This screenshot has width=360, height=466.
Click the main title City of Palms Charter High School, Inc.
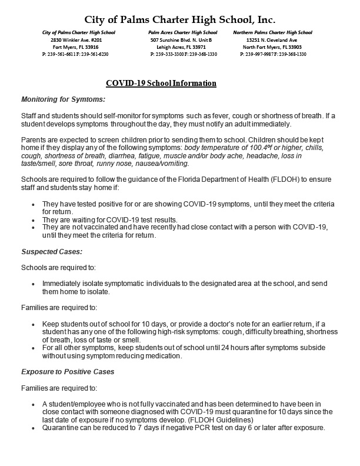coord(179,19)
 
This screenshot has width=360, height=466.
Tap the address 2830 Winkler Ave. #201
coord(79,39)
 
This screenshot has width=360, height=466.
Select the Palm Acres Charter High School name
coord(183,32)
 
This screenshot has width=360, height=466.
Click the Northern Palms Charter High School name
coord(272,32)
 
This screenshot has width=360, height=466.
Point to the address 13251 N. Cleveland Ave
coord(272,39)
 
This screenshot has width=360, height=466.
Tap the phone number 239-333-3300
coord(170,54)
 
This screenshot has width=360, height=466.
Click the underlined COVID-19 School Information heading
coord(161,84)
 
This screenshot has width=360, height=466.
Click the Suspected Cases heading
coord(52,251)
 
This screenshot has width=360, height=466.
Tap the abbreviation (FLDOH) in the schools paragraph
coord(235,178)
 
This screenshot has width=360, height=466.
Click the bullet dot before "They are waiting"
coord(32,220)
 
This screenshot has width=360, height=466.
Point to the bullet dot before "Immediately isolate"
coord(32,284)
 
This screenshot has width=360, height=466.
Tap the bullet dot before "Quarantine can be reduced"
coord(32,428)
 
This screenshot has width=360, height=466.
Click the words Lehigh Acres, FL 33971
coord(183,46)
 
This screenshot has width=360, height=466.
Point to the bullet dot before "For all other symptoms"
coord(32,348)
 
